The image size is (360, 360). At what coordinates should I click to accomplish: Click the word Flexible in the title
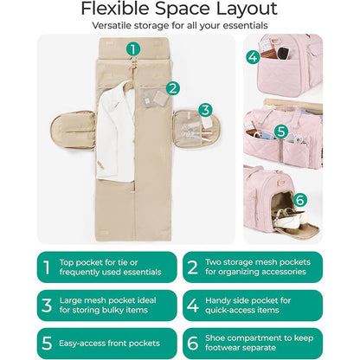116,9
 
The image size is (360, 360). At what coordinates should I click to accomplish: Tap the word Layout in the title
247,10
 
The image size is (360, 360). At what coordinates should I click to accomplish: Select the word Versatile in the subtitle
112,25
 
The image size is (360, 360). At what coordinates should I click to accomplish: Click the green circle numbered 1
133,49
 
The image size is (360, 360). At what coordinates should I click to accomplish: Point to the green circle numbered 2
173,88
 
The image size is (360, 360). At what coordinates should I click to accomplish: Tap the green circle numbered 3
205,110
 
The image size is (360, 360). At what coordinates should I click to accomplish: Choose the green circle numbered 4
253,57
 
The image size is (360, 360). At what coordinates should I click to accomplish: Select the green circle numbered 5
281,132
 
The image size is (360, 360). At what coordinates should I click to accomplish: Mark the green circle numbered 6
300,200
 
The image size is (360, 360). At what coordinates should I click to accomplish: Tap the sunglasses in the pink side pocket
283,53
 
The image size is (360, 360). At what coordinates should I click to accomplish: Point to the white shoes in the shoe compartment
288,218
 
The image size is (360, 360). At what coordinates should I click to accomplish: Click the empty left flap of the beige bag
73,130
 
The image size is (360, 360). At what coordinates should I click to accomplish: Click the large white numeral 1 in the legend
47,267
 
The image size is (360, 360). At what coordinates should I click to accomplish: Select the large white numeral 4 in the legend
193,305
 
